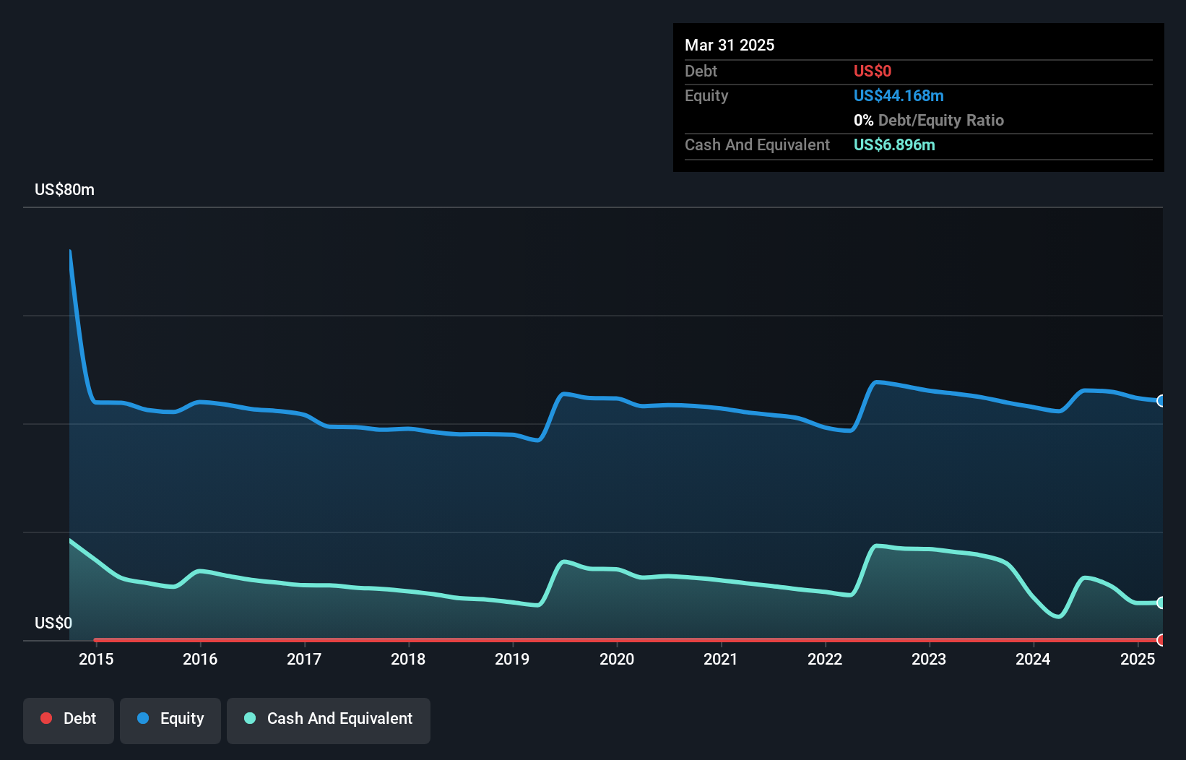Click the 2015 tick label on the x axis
point(96,659)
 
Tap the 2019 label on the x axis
point(512,659)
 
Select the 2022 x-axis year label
point(825,659)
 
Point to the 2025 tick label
point(1138,659)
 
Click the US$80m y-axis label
point(64,189)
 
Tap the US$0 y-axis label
point(53,623)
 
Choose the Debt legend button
point(69,719)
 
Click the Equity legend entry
point(170,719)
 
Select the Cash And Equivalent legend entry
point(329,719)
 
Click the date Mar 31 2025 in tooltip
point(730,45)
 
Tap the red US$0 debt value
point(873,71)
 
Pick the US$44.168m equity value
point(899,95)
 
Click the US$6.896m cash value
point(894,144)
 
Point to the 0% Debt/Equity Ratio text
point(929,120)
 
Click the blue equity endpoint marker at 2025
point(1161,401)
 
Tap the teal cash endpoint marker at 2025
point(1161,603)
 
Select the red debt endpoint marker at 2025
point(1161,640)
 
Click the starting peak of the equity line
point(70,251)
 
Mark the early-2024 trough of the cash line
point(1058,616)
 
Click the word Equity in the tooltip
point(706,95)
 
